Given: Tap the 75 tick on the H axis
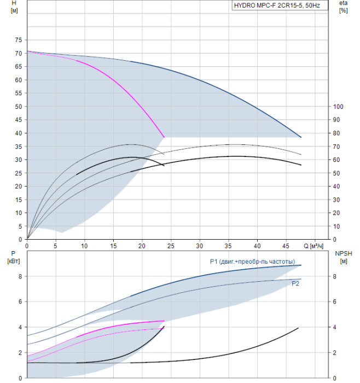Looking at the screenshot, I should (x=19, y=40).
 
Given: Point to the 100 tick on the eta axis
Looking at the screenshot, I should (x=338, y=106).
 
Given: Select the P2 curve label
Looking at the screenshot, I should (x=295, y=283).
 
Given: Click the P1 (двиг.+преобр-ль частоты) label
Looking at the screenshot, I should (x=252, y=261).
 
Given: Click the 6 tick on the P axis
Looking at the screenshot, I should (x=20, y=301).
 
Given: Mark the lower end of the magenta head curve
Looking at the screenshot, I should (x=164, y=137).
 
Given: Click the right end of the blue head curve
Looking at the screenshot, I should (x=301, y=137).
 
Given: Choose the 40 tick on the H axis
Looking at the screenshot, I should (x=19, y=133).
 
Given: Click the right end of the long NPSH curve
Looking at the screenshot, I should (x=298, y=328).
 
